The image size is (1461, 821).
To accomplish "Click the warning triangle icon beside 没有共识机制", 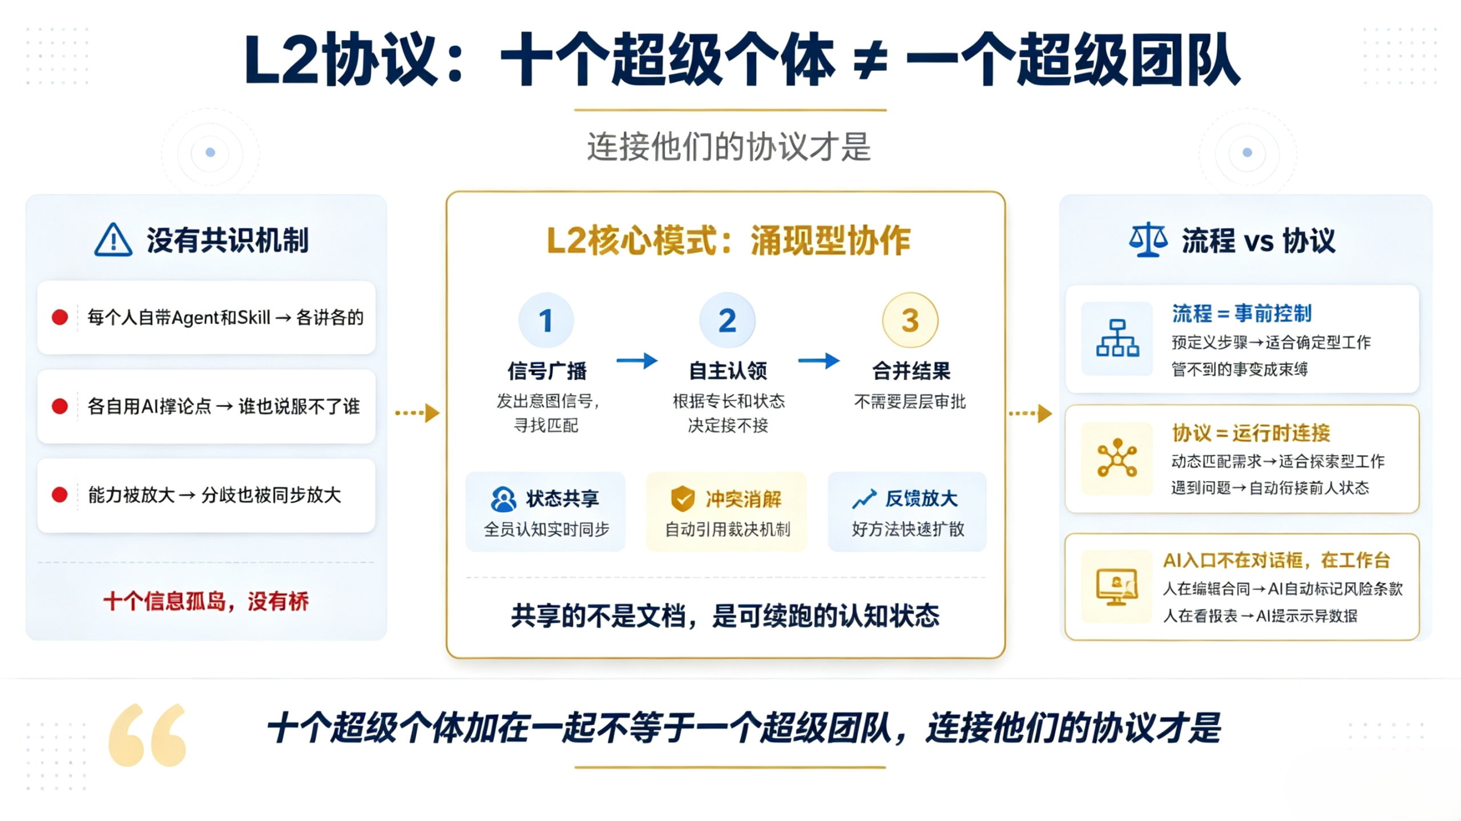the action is tap(113, 240).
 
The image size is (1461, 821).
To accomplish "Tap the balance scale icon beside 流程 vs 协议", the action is tap(1148, 240).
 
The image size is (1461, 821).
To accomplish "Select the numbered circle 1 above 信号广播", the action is tap(546, 320).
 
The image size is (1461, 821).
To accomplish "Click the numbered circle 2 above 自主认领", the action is tap(727, 320).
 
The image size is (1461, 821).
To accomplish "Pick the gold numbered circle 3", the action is tap(910, 320).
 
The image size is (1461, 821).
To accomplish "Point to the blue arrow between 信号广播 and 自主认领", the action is tap(637, 360).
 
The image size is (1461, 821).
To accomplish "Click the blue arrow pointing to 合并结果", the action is tap(818, 360).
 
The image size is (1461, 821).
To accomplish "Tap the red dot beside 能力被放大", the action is tap(59, 494).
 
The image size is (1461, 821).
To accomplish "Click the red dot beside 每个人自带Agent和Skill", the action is tap(59, 317).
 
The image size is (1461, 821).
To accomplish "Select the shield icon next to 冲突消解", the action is tap(683, 498).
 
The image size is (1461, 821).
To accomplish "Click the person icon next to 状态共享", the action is tap(503, 499).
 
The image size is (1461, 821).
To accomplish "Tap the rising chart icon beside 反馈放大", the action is tap(864, 499).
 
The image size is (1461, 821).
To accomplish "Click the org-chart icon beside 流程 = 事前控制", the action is tap(1117, 338).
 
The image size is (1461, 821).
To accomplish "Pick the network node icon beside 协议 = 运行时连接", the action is tap(1117, 457).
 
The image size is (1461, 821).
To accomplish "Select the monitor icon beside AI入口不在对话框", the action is tap(1116, 586).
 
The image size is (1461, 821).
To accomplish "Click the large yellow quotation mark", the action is tap(147, 735).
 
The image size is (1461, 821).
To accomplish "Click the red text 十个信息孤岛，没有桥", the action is tap(206, 601).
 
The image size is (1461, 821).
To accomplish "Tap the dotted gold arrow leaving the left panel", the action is tap(417, 413).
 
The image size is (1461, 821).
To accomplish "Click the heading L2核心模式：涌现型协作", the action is tap(728, 240).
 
